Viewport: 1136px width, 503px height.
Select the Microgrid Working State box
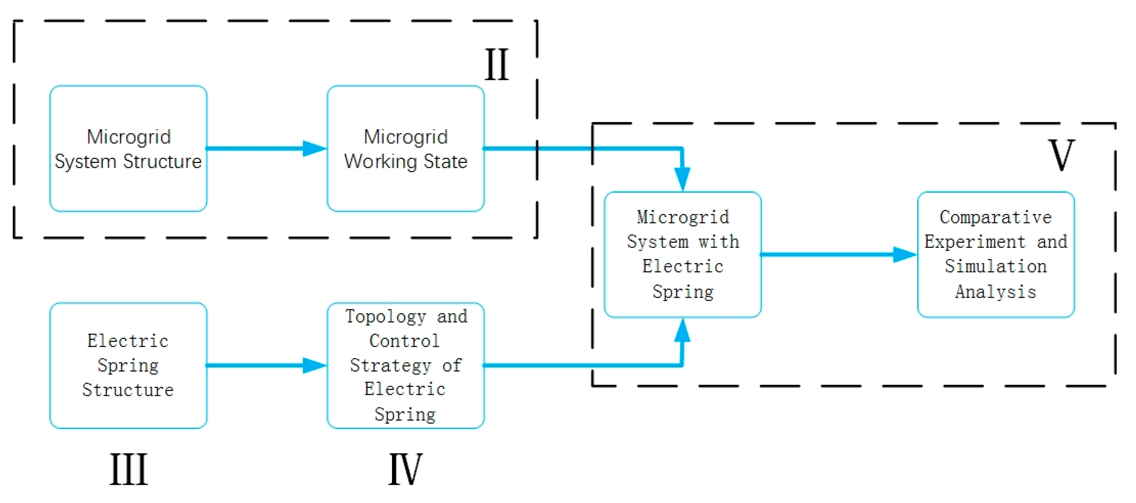pyautogui.click(x=405, y=149)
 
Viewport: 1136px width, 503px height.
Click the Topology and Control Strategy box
pyautogui.click(x=405, y=365)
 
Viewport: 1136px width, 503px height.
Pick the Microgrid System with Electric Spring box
pyautogui.click(x=682, y=255)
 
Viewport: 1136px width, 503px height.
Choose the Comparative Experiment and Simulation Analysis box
pyautogui.click(x=996, y=255)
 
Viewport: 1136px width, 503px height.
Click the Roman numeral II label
pyautogui.click(x=497, y=65)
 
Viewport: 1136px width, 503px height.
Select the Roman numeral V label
pyautogui.click(x=1061, y=155)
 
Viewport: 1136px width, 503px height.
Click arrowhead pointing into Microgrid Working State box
pyautogui.click(x=315, y=149)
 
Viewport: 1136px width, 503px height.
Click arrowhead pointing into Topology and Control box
pyautogui.click(x=315, y=365)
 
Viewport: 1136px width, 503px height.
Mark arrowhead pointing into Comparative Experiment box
pyautogui.click(x=905, y=255)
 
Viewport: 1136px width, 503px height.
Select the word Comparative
pyautogui.click(x=996, y=217)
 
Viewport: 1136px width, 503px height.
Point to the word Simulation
pyautogui.click(x=996, y=266)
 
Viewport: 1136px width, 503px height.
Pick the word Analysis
pyautogui.click(x=996, y=292)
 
